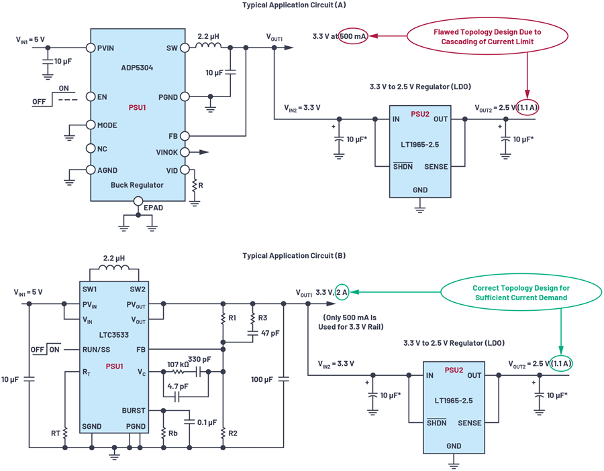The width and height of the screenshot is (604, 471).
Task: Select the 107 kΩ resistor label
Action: pos(179,361)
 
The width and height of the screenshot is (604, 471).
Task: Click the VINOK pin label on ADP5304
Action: pos(167,153)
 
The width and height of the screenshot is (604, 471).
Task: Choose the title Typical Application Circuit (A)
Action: pos(290,6)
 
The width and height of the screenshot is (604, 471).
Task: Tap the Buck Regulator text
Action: pos(138,185)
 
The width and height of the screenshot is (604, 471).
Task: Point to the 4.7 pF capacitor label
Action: pos(177,386)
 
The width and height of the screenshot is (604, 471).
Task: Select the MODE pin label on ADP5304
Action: pos(107,125)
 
